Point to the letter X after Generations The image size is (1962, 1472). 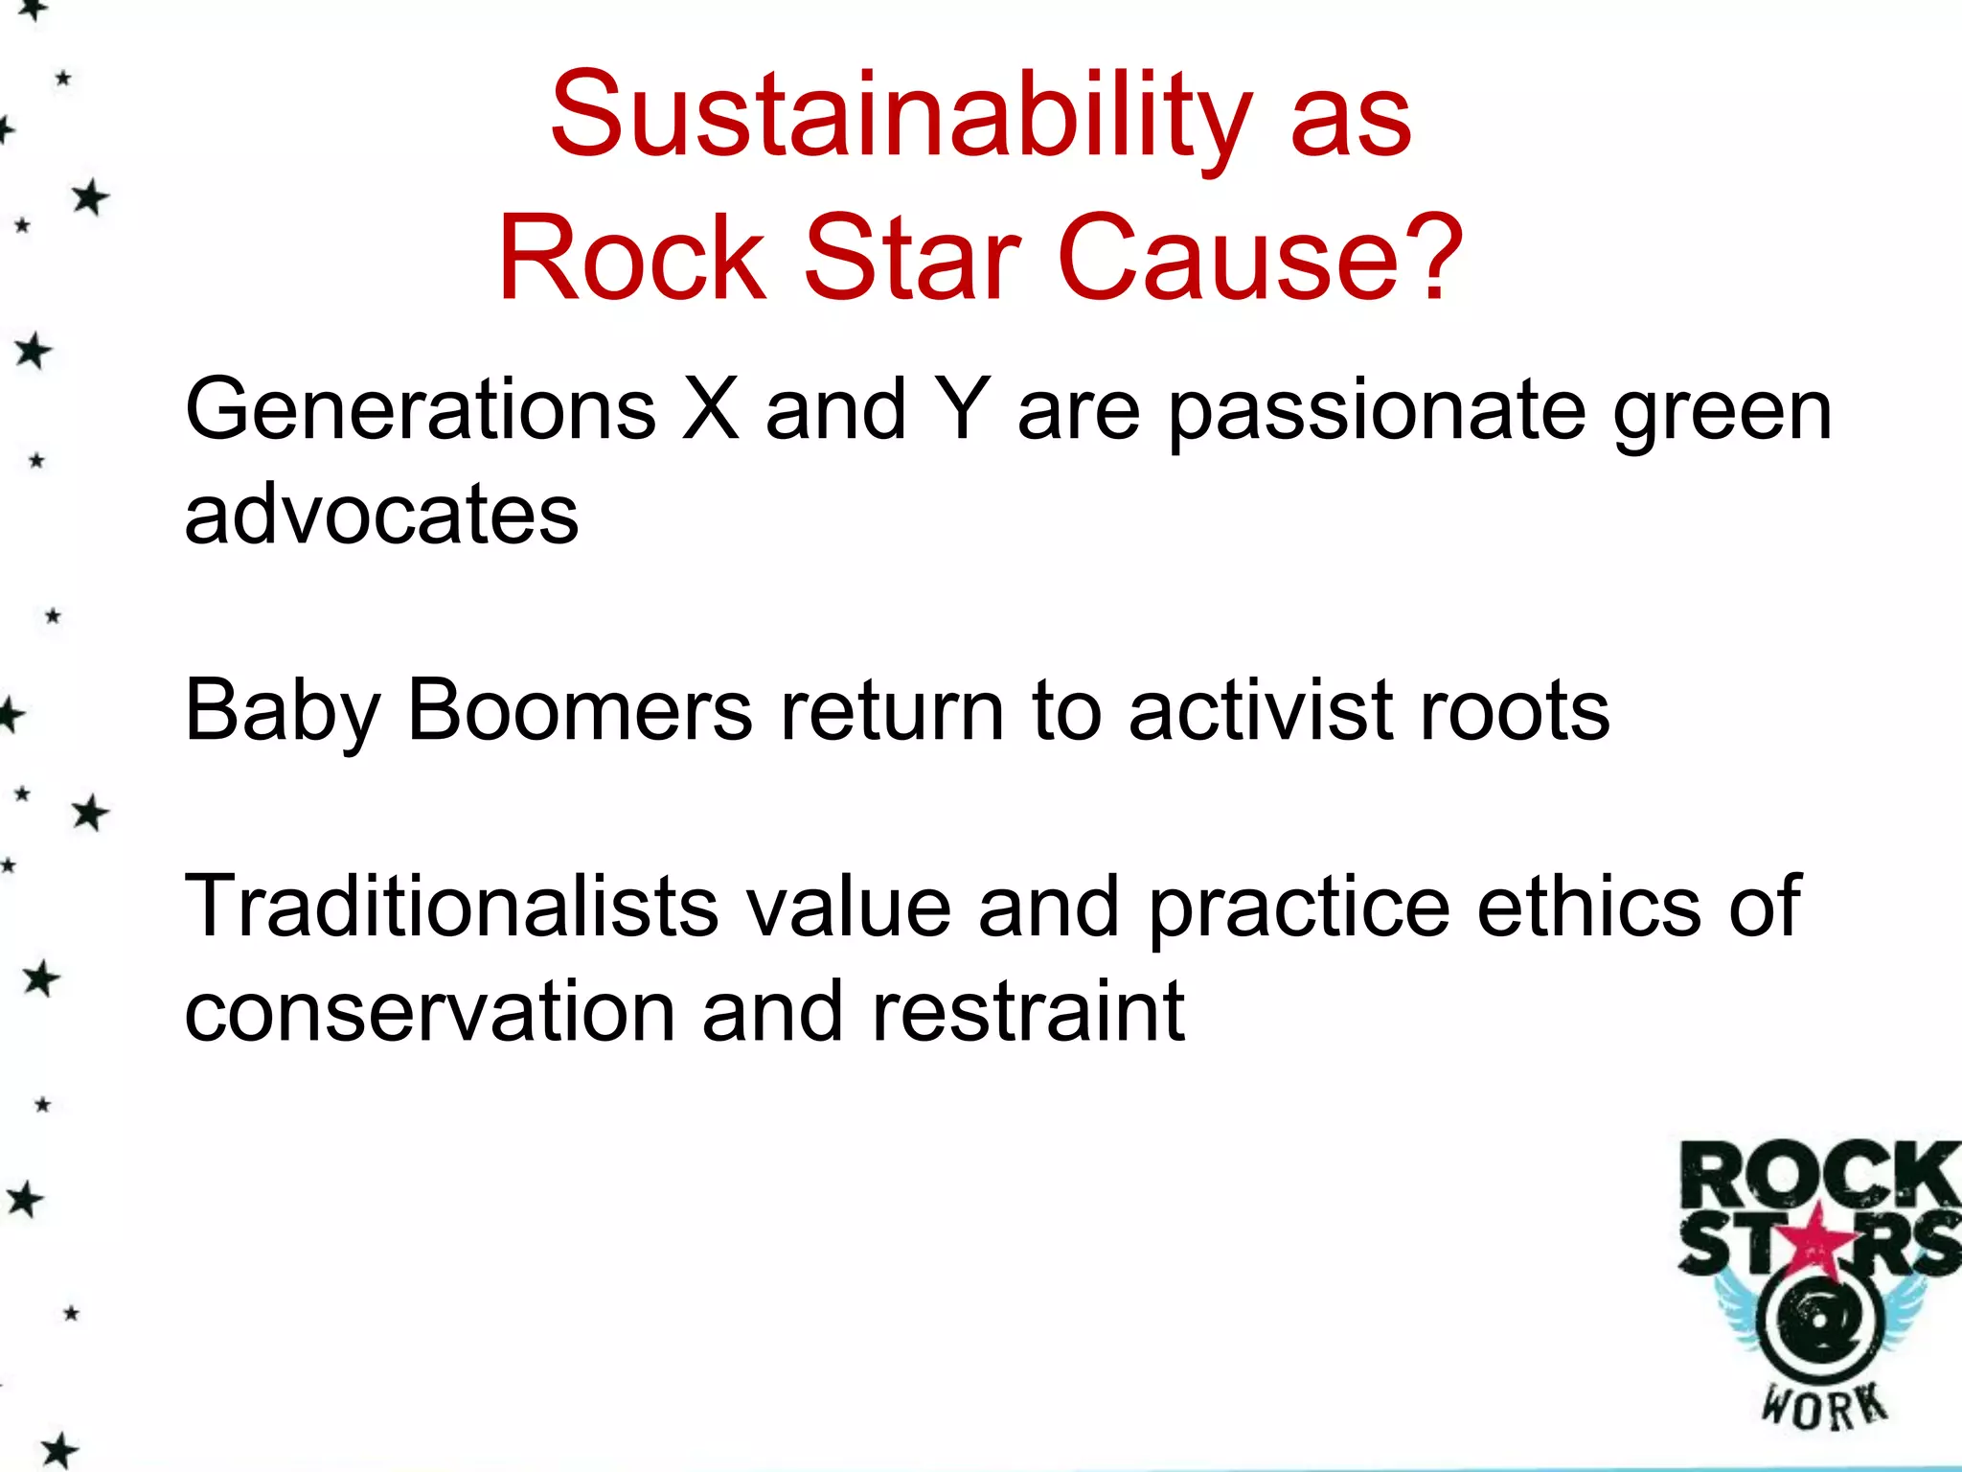[x=710, y=410]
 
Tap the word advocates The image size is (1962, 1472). [x=381, y=515]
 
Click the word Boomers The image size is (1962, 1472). [x=581, y=711]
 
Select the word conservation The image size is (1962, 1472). [x=429, y=1012]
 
